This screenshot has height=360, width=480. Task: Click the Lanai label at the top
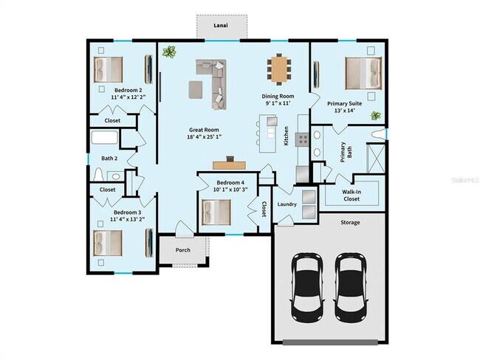point(220,26)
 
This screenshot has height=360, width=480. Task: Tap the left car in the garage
point(307,284)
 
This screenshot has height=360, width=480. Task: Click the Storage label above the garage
point(350,222)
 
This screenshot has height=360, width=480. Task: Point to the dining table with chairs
point(279,70)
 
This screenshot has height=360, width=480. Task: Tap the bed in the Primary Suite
point(364,72)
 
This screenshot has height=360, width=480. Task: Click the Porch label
point(183,250)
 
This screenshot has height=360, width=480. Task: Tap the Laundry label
point(287,204)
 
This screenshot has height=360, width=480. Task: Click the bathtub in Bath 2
point(104,138)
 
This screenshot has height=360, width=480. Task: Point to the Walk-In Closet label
point(351,195)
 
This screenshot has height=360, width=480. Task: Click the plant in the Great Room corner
point(171,52)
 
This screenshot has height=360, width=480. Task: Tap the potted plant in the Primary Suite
point(375,115)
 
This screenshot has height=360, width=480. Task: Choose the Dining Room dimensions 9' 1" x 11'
point(278,103)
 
